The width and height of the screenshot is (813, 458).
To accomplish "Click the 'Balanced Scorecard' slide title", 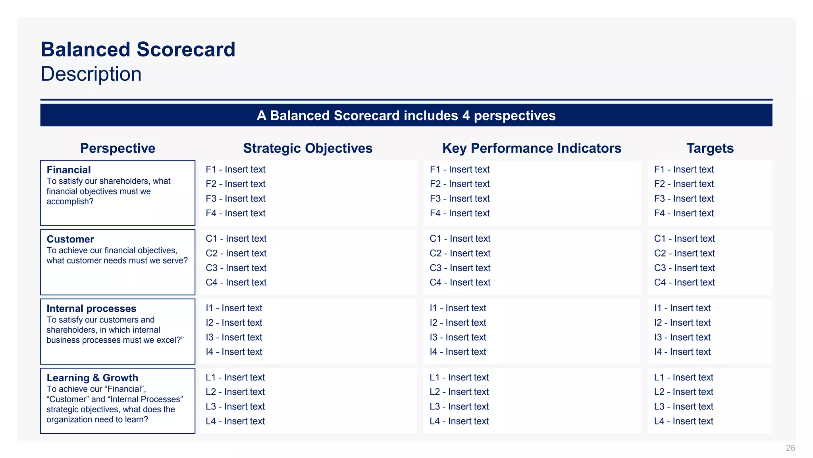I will pyautogui.click(x=138, y=50).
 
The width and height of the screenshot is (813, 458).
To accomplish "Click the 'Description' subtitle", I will pyautogui.click(x=91, y=74).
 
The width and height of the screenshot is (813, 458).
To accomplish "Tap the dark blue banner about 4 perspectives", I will pyautogui.click(x=406, y=115).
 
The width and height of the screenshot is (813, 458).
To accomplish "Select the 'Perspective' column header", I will pyautogui.click(x=118, y=148).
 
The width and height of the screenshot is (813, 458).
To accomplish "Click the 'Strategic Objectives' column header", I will pyautogui.click(x=308, y=148).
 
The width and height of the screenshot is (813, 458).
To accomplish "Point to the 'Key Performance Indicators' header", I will pyautogui.click(x=532, y=148).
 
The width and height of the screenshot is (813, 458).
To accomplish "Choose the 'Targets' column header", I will pyautogui.click(x=710, y=148).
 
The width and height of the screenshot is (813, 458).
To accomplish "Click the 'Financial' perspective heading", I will pyautogui.click(x=69, y=170).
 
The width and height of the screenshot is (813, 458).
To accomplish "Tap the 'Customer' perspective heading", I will pyautogui.click(x=70, y=239).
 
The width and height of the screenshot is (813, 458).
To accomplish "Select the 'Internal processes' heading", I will pyautogui.click(x=91, y=309).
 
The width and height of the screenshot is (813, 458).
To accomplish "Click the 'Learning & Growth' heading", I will pyautogui.click(x=92, y=378).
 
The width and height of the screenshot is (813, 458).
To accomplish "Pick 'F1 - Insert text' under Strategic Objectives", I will pyautogui.click(x=235, y=169).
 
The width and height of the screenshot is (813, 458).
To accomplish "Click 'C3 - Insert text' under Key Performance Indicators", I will pyautogui.click(x=460, y=268).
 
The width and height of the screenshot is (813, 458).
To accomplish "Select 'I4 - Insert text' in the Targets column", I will pyautogui.click(x=682, y=352).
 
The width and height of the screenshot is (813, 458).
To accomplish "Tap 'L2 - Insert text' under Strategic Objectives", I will pyautogui.click(x=235, y=392).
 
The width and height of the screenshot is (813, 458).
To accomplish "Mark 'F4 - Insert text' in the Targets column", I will pyautogui.click(x=684, y=213).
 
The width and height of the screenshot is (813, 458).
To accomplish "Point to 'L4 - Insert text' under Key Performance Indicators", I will pyautogui.click(x=459, y=421).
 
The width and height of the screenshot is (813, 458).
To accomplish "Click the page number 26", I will pyautogui.click(x=790, y=448).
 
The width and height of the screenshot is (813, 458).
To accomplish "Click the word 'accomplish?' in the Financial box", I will pyautogui.click(x=70, y=202).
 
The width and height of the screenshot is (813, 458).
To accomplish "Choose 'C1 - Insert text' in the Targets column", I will pyautogui.click(x=684, y=239).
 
